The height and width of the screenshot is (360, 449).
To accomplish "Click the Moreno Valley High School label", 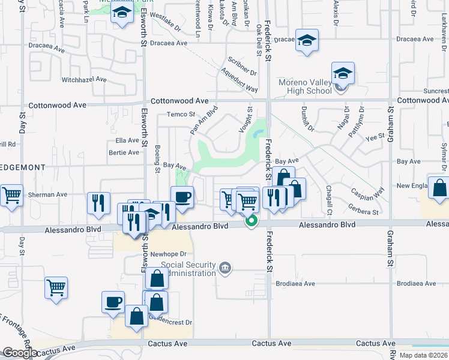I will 305,86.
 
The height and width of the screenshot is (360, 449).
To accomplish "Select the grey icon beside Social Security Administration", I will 225,267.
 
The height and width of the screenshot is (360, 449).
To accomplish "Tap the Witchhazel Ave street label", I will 84,79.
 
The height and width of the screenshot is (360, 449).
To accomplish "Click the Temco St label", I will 181,114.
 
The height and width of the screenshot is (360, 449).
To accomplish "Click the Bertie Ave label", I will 124,152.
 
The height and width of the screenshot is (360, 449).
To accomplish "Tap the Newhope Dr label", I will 165,254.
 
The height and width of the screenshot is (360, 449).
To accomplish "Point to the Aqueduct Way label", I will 239,79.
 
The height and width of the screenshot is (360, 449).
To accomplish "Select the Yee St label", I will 375,137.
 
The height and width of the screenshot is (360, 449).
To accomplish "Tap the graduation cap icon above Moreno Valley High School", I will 343,73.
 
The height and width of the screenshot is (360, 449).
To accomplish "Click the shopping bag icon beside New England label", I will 439,188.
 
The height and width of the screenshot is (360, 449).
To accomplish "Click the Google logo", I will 20,353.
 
